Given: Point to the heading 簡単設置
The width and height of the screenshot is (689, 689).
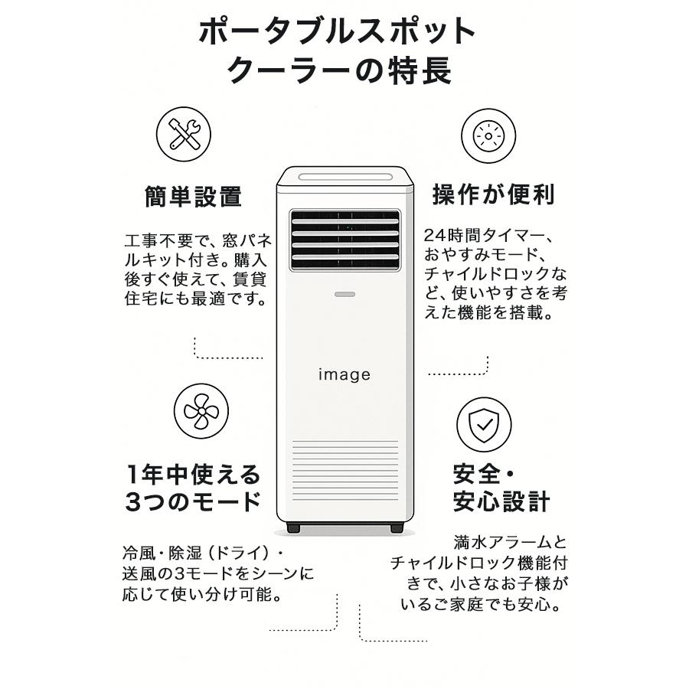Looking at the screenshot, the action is [x=193, y=197].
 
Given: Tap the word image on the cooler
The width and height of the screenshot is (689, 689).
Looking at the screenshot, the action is [x=344, y=374].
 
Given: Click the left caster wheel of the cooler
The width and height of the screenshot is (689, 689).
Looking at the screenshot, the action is [x=293, y=528].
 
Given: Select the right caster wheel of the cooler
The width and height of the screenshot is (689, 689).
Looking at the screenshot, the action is [x=396, y=528].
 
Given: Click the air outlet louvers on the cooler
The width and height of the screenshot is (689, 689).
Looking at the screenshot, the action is [x=344, y=240].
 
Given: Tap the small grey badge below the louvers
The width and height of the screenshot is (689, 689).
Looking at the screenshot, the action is [x=344, y=293].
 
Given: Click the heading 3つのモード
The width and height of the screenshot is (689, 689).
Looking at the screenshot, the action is [x=193, y=502].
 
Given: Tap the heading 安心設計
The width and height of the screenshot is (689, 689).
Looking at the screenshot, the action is [x=501, y=502].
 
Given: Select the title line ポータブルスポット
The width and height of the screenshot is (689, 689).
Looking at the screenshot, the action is [x=338, y=31].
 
